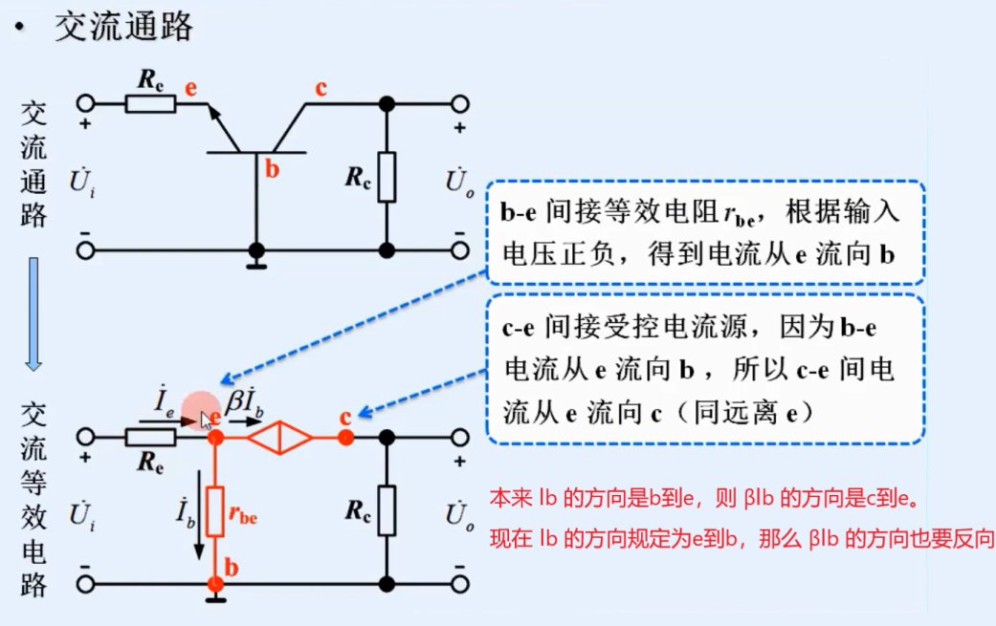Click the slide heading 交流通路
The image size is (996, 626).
123,28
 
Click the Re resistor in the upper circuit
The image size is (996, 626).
151,103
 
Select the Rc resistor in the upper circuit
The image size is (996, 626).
387,177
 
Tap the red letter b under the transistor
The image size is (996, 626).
272,171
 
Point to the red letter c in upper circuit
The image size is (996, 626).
321,89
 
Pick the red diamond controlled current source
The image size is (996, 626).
280,437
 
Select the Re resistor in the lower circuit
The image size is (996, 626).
151,437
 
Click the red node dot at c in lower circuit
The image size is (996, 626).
345,437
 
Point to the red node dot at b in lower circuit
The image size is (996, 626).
215,583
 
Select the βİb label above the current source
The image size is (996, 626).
245,399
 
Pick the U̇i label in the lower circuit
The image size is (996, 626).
82,515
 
